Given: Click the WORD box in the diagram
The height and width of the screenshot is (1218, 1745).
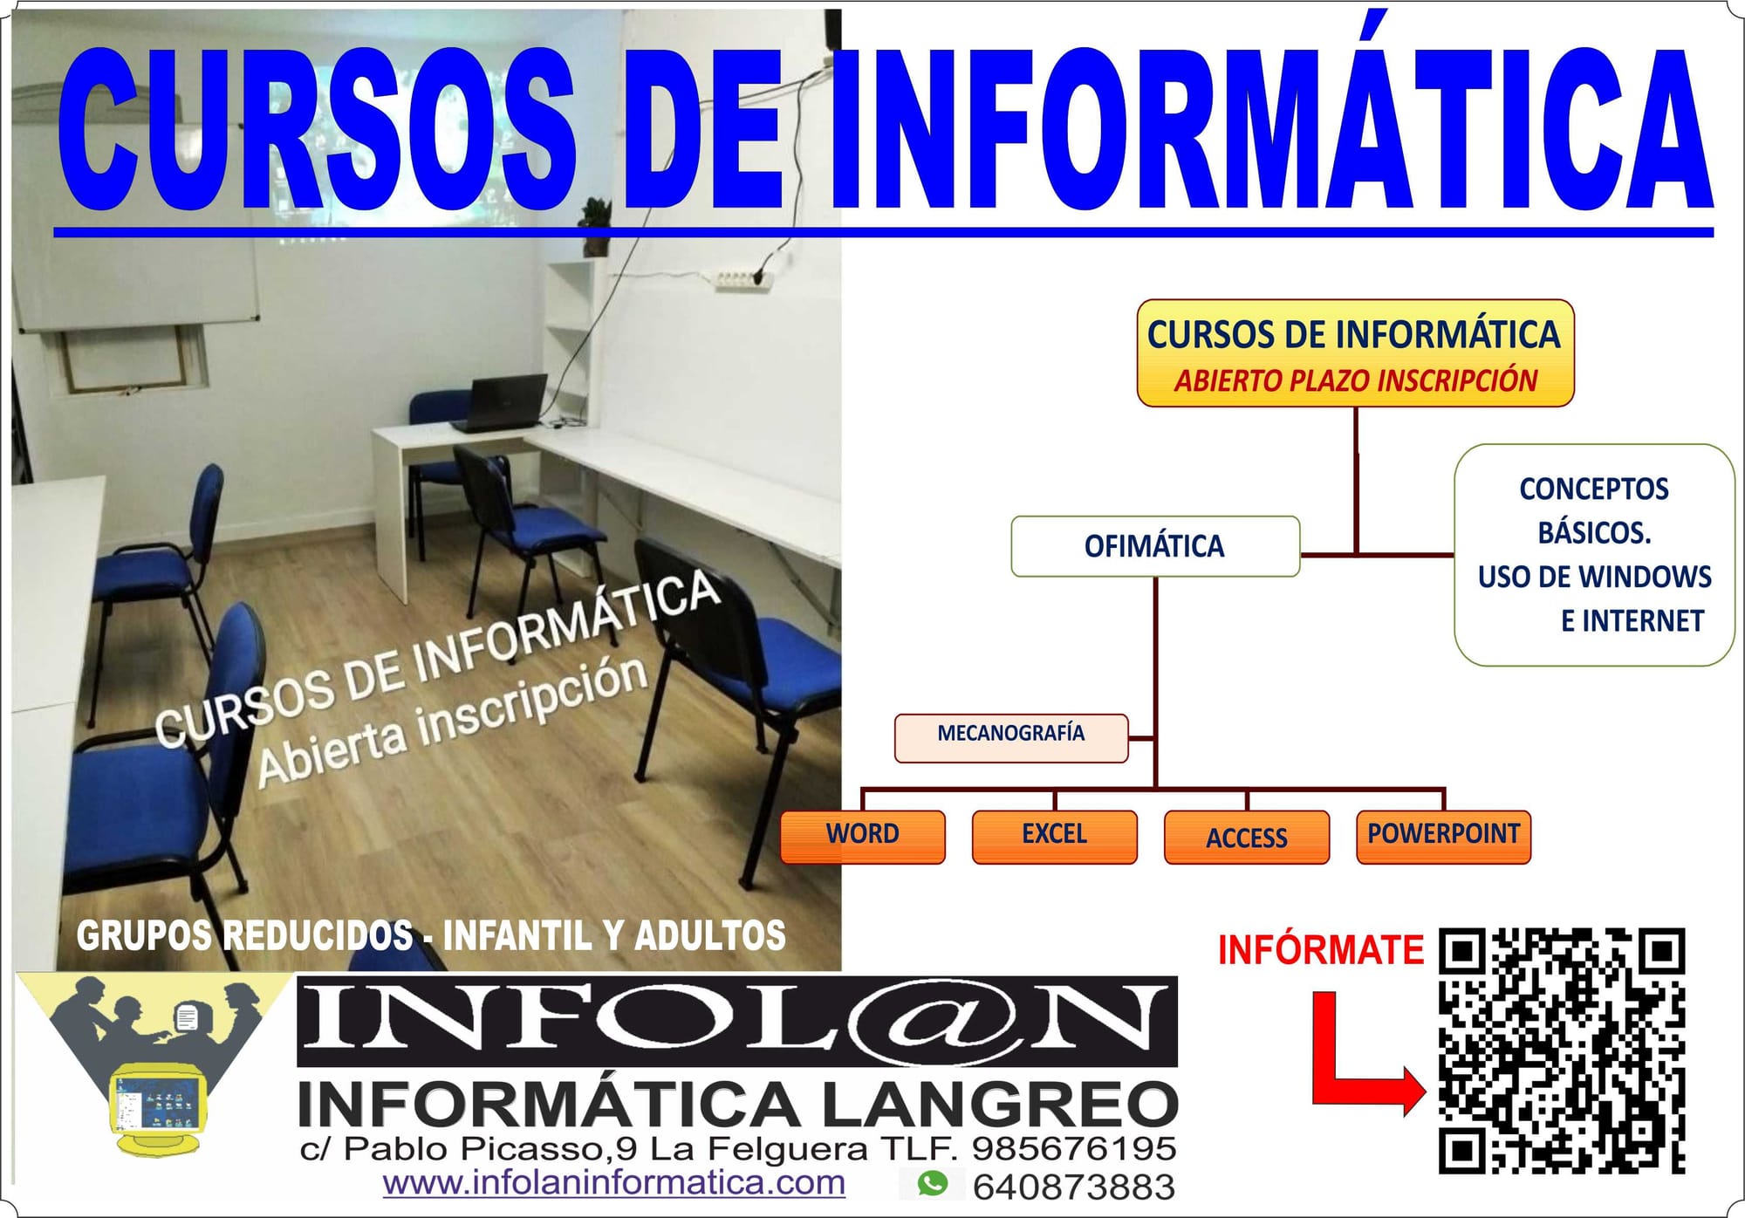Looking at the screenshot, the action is [x=863, y=837].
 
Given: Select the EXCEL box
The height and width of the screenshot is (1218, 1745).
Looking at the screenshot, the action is [x=1055, y=837].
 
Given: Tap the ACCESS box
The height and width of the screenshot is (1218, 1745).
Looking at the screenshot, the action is [x=1247, y=837].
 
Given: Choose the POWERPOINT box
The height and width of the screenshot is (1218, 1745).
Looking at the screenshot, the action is [x=1443, y=837].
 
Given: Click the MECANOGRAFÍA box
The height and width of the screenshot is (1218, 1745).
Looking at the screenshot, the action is [x=1011, y=738].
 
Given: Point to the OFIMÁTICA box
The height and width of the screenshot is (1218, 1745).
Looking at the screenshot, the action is [x=1155, y=546].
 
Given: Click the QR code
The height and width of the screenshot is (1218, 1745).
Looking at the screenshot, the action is [x=1562, y=1050].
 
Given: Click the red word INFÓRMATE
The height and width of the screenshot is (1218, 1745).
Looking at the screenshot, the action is [x=1321, y=950].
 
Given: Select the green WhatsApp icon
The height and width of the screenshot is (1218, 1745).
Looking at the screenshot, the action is [x=933, y=1184].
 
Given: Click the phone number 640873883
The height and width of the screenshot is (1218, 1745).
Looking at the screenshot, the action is [x=1074, y=1187].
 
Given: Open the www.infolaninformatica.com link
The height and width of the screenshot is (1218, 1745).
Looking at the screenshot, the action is [x=614, y=1184].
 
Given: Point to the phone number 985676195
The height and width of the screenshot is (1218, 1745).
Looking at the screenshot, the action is [x=1074, y=1148].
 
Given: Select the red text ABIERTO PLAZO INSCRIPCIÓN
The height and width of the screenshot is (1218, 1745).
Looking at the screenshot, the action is [x=1355, y=381].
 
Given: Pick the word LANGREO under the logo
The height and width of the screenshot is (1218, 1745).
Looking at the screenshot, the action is [x=1001, y=1105].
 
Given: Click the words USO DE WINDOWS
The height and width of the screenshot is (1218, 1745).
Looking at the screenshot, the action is [x=1595, y=577].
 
